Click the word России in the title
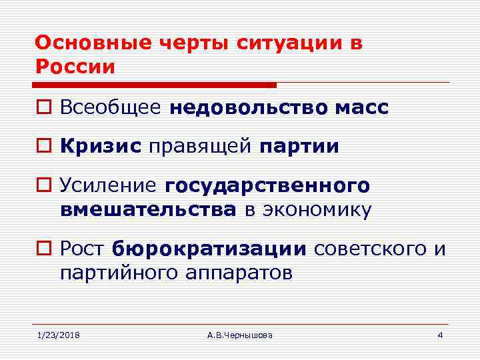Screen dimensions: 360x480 pos(75,67)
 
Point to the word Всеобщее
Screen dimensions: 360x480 pos(110,108)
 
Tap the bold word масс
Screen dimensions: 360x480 pos(365,108)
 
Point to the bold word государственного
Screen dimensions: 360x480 pos(267,185)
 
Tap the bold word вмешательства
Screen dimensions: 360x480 pos(148,209)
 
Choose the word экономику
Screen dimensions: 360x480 pos(316,209)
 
